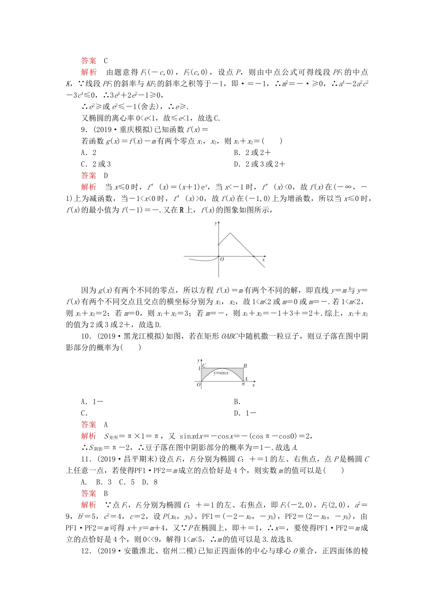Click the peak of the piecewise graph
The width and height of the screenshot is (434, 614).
pos(230,233)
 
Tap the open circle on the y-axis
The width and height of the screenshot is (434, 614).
pos(218,245)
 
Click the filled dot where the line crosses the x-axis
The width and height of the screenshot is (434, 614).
pos(254,257)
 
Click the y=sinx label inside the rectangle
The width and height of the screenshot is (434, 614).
pos(221,373)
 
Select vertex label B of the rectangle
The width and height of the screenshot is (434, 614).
pos(245,365)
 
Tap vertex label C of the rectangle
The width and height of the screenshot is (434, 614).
pos(204,365)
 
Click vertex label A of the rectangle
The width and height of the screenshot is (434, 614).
pos(246,379)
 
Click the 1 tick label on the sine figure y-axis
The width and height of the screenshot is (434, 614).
pos(199,368)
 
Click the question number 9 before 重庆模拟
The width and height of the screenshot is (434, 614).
pos(83,130)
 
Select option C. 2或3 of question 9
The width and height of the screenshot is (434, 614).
pos(96,164)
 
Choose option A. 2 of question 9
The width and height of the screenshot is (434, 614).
pos(89,153)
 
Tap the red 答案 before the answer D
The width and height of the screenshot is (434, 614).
pos(89,175)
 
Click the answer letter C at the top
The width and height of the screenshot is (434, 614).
pos(106,61)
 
